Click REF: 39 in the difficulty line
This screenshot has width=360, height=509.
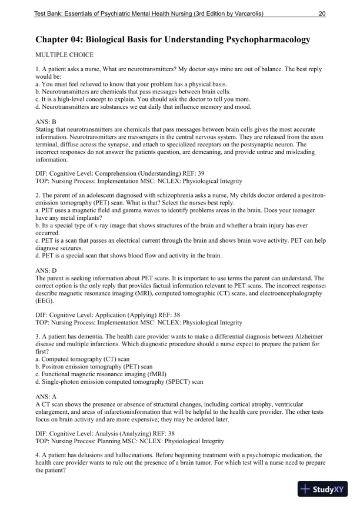click(x=182, y=175)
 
